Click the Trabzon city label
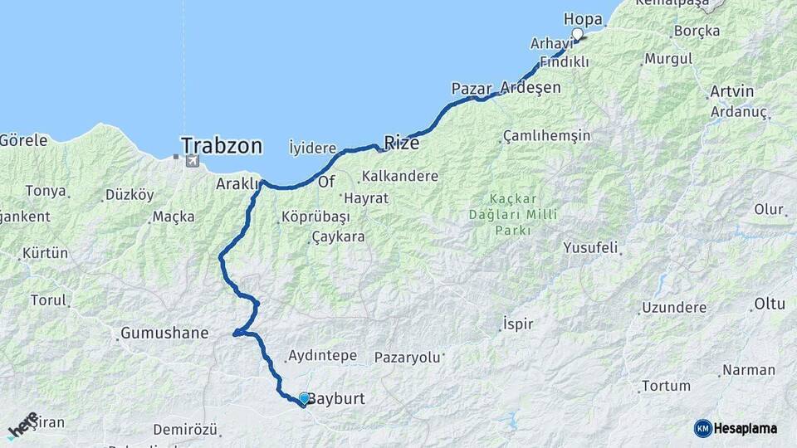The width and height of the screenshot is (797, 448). point(222,147)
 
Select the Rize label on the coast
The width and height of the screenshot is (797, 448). point(401,143)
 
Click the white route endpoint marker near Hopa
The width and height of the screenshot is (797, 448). point(578,34)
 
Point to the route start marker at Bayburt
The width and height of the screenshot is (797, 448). point(304,399)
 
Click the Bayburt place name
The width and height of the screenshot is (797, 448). point(336,399)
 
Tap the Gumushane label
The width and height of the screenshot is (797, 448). point(164,334)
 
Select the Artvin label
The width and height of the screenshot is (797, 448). point(732,91)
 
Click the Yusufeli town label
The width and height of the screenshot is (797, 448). point(591,247)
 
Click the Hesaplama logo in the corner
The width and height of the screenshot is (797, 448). point(736,428)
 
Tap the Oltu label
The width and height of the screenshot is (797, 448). point(769,304)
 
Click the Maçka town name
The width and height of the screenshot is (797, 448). point(174,217)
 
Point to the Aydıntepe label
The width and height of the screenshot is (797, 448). point(322,356)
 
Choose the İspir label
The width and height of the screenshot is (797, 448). point(518,324)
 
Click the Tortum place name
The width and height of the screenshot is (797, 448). point(666,386)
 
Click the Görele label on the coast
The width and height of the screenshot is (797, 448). point(23,139)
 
